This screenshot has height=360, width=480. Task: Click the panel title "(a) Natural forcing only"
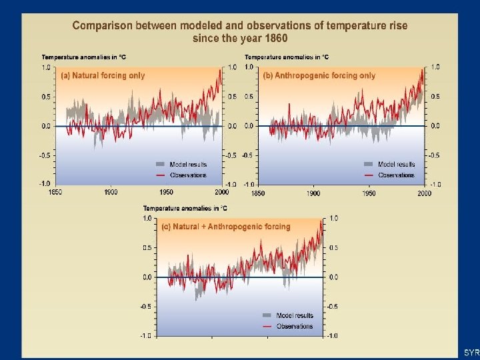tap(103, 75)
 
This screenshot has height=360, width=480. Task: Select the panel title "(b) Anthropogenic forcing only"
tap(319, 75)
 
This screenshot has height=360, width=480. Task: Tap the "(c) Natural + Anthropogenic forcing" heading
tap(227, 227)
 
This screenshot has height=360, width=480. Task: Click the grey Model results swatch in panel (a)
tap(159, 164)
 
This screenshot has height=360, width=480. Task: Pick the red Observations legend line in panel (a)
tap(159, 175)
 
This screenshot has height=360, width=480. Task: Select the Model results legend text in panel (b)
tap(396, 164)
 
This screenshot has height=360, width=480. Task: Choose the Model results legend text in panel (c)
tap(295, 315)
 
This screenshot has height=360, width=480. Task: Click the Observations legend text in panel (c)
tap(294, 326)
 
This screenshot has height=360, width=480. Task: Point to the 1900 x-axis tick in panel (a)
tap(111, 193)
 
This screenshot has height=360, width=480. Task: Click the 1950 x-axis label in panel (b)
tap(369, 193)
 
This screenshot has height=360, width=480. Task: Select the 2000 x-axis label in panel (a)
tap(221, 193)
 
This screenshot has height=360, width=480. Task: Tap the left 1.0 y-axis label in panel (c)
tap(147, 218)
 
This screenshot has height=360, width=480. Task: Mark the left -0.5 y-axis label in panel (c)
tap(145, 307)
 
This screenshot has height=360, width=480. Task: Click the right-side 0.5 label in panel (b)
tap(435, 97)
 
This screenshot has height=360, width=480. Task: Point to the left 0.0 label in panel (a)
tap(45, 126)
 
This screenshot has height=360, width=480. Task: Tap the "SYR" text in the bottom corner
tap(471, 351)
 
